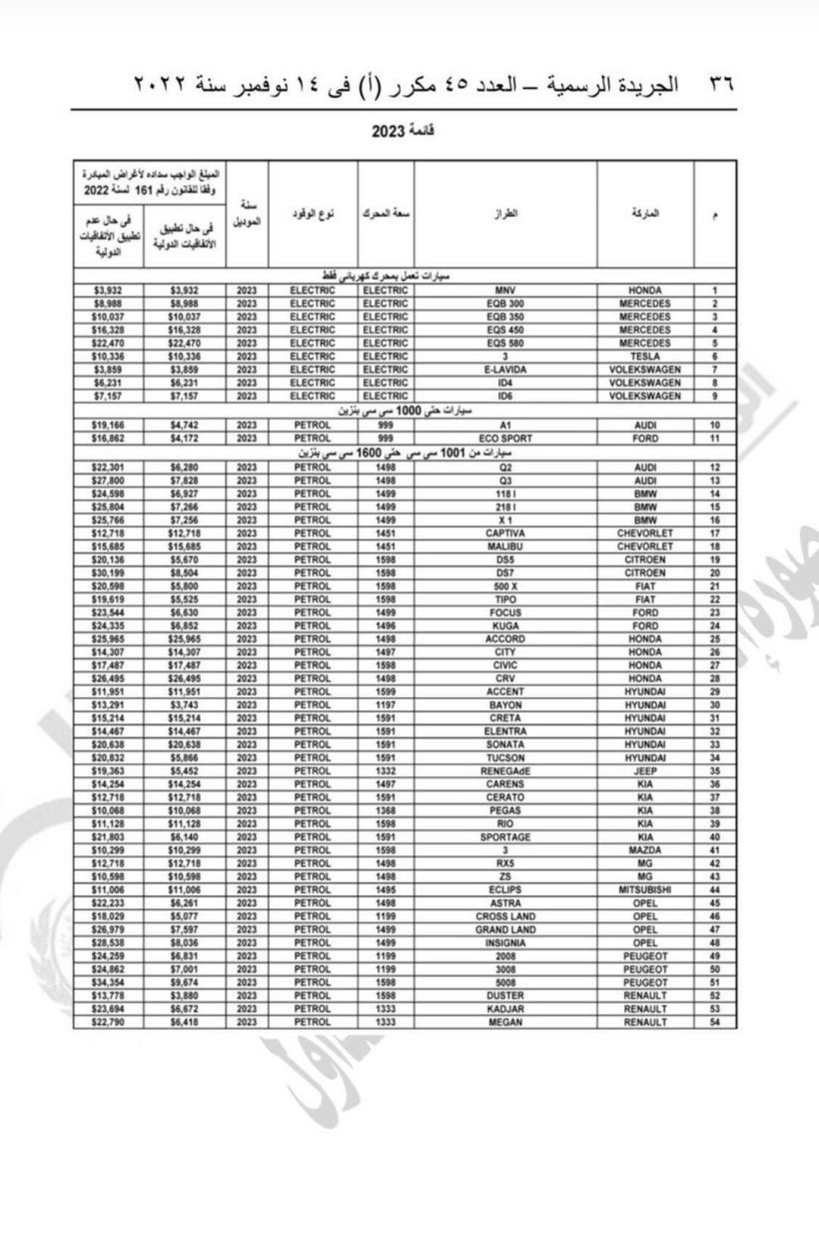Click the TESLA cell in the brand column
[645, 357]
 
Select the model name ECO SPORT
[505, 439]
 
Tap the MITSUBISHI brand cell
[645, 890]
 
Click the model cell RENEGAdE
[505, 771]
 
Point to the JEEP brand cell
[645, 771]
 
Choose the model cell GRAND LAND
[505, 929]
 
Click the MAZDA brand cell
[645, 850]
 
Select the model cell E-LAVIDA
[505, 369]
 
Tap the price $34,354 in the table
[107, 982]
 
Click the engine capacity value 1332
[385, 771]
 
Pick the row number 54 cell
[714, 1022]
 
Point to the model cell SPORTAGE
[505, 837]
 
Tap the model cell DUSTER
[505, 995]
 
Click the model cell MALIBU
[505, 546]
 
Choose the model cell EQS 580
[505, 343]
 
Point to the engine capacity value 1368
[385, 810]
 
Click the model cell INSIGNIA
[505, 943]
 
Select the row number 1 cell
[714, 291]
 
